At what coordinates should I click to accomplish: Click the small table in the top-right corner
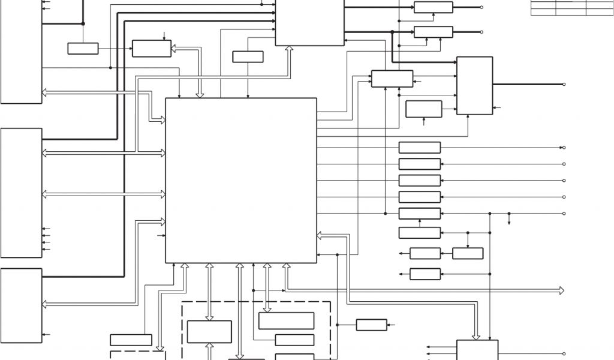[x=570, y=7]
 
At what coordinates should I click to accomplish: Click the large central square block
[x=240, y=180]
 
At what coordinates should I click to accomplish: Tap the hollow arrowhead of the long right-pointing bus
[x=561, y=290]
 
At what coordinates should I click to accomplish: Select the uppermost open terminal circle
[x=481, y=7]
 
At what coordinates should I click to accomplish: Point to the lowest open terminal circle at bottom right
[x=564, y=354]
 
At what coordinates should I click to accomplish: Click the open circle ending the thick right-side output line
[x=564, y=85]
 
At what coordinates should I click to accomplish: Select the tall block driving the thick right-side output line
[x=474, y=85]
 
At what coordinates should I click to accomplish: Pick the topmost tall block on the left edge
[x=22, y=51]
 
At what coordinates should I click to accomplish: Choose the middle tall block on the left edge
[x=22, y=193]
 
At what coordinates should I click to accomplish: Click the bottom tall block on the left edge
[x=22, y=305]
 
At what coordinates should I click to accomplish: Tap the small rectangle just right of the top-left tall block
[x=83, y=49]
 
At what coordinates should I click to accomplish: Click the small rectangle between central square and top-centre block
[x=248, y=56]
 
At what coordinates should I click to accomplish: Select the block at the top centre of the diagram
[x=309, y=22]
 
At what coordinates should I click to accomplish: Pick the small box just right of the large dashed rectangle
[x=371, y=325]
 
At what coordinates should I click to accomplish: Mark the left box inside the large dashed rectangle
[x=209, y=332]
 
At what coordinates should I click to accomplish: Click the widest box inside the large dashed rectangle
[x=286, y=320]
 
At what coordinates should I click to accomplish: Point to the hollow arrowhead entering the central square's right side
[x=320, y=236]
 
